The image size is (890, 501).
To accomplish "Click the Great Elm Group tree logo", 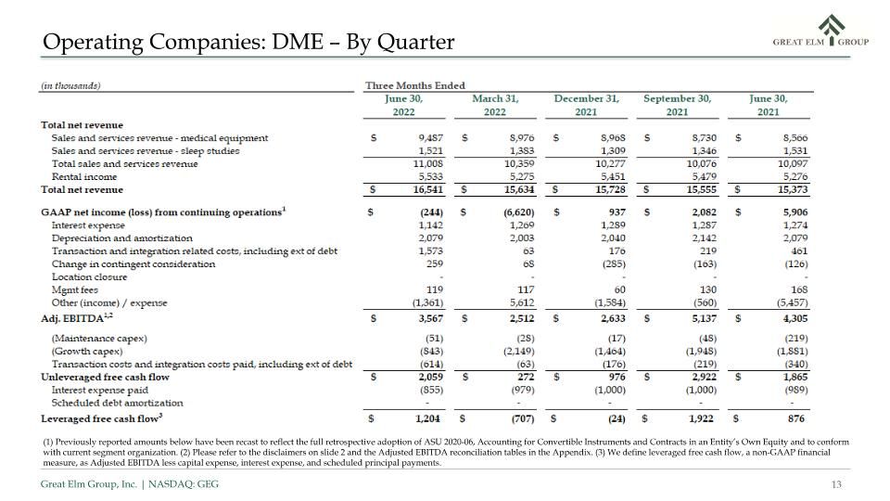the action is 832,30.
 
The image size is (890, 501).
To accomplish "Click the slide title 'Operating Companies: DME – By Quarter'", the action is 248,42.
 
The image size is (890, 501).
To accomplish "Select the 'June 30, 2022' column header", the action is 403,105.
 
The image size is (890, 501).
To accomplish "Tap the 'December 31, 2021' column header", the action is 586,105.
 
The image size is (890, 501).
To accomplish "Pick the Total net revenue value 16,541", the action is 428,189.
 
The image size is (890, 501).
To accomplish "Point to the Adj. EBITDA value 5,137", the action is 704,318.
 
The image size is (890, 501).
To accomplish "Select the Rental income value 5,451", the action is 613,176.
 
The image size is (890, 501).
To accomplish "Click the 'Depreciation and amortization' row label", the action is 122,238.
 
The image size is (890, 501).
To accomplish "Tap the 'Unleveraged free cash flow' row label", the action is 105,378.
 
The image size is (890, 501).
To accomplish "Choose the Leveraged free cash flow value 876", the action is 796,418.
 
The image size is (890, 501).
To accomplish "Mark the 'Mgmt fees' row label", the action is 75,289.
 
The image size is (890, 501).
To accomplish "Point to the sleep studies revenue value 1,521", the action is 431,151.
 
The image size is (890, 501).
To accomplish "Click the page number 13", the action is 836,484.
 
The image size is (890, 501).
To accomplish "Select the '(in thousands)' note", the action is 70,85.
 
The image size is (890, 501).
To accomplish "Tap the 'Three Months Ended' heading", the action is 415,85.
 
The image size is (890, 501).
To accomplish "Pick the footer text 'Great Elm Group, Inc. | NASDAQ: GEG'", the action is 130,484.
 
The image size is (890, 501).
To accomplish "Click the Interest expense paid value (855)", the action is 431,391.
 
